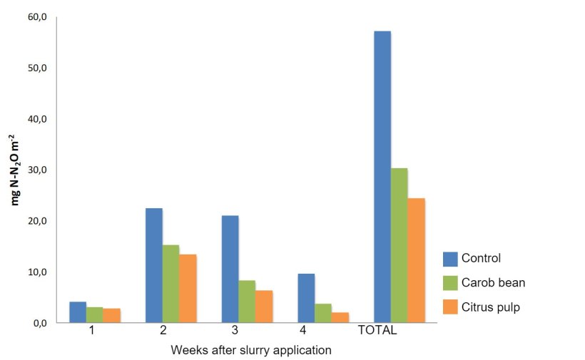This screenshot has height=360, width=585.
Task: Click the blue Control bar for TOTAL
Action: click(x=382, y=177)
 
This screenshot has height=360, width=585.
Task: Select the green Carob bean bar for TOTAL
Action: click(x=400, y=245)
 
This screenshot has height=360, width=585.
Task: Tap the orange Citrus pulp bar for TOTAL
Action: click(x=417, y=260)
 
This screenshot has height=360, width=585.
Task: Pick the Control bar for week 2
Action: click(x=154, y=265)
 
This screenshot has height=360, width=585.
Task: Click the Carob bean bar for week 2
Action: click(x=171, y=284)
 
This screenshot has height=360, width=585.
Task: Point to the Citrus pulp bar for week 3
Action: click(x=264, y=307)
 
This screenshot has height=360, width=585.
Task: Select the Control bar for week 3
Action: click(x=230, y=269)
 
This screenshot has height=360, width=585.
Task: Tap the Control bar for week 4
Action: click(x=306, y=298)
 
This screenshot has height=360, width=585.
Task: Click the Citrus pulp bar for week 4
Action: click(x=340, y=317)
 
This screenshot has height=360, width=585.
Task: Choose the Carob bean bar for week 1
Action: click(x=94, y=315)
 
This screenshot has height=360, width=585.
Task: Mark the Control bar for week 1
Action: click(x=78, y=312)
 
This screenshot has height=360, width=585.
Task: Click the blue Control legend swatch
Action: click(x=450, y=259)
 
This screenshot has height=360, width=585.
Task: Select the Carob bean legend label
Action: click(x=493, y=282)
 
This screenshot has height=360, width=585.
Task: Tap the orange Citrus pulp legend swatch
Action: click(x=450, y=307)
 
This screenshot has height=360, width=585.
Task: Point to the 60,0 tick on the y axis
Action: click(x=37, y=17)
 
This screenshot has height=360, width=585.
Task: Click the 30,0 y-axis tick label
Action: click(x=37, y=170)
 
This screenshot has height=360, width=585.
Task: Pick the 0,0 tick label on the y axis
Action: click(x=39, y=323)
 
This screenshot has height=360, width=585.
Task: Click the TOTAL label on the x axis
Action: click(x=377, y=330)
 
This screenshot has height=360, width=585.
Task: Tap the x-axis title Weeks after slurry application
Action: click(x=251, y=350)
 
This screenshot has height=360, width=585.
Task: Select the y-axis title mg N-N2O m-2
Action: click(x=14, y=170)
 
